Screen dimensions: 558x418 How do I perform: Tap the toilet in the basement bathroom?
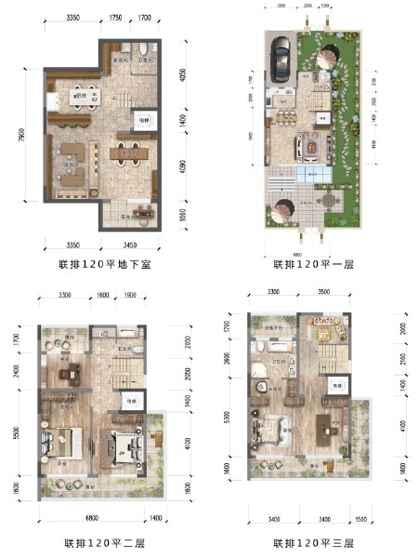coord(136,49)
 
